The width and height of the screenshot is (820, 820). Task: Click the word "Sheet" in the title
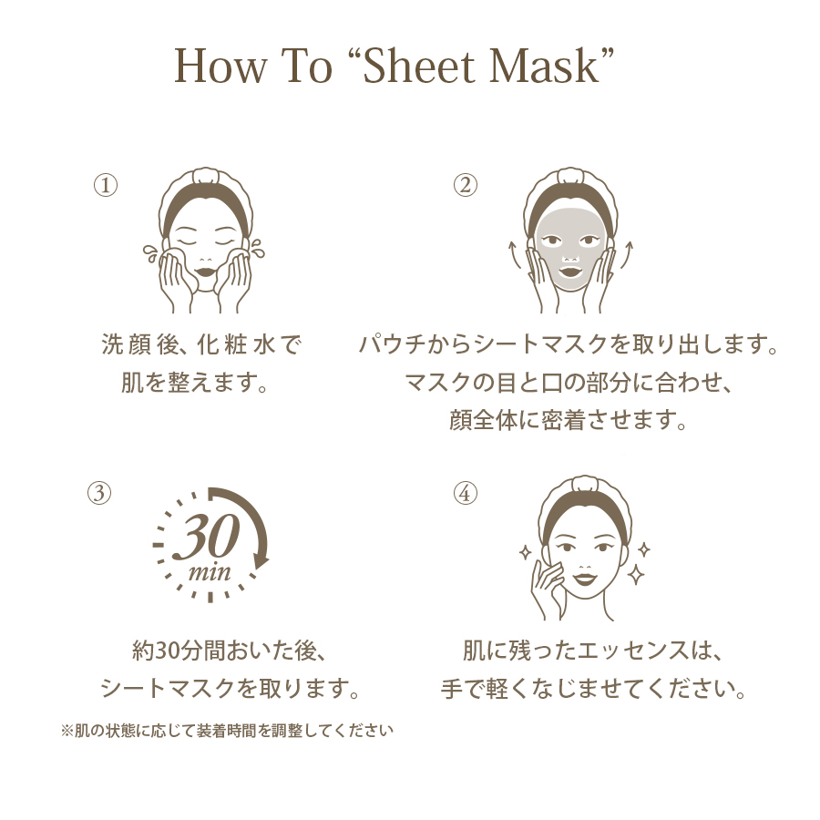419,66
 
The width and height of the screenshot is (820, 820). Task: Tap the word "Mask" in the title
545,66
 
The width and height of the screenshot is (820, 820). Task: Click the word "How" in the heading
220,66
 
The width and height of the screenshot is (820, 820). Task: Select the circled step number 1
106,185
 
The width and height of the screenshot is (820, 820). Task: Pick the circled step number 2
465,185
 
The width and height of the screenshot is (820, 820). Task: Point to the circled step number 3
99,493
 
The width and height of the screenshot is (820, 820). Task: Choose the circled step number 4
465,493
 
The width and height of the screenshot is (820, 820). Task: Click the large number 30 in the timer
207,535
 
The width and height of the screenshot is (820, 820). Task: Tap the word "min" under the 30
210,571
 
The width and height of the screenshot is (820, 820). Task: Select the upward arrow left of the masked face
515,255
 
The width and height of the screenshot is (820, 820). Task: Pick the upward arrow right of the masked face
627,255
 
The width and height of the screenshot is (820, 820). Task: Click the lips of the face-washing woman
205,272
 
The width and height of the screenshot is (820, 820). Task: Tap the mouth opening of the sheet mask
570,272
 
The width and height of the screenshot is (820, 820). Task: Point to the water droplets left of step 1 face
150,253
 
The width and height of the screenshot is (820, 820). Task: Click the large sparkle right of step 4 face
636,575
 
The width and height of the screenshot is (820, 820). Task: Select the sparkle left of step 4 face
525,552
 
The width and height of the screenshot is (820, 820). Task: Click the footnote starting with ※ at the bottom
227,730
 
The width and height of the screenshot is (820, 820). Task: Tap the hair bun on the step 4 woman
585,484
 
